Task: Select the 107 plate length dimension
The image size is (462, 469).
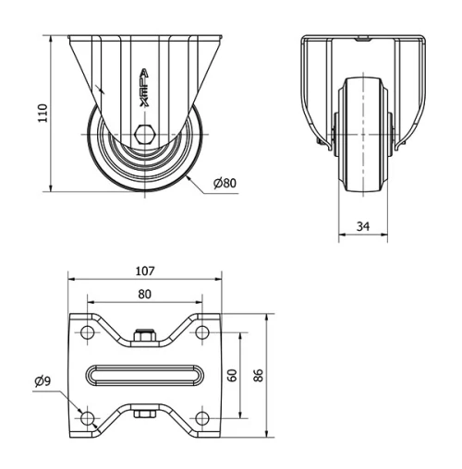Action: pos(144,271)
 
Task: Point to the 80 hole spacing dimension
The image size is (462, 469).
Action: pos(144,295)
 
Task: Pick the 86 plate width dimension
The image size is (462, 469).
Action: pos(261,375)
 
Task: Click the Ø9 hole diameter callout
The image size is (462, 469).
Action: pos(43,379)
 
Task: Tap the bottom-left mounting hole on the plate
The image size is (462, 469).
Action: pos(88,419)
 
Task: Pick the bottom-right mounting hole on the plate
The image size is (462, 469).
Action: pos(201,419)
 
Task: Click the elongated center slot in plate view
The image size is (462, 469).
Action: pos(144,375)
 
